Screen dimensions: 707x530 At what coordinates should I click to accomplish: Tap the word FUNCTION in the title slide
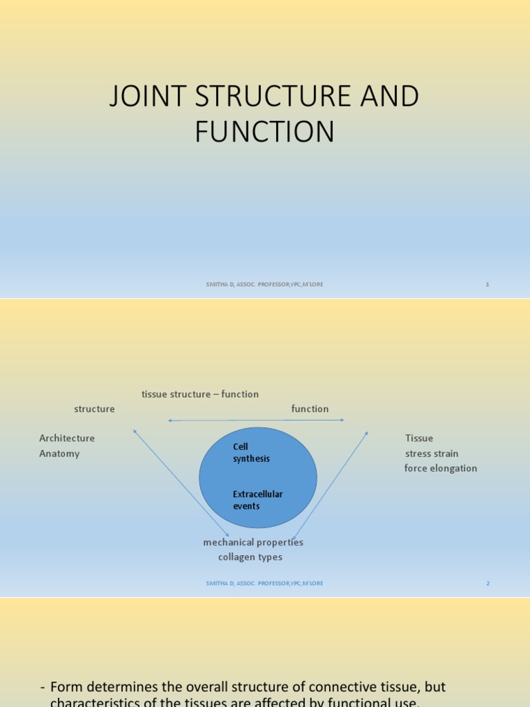[264, 131]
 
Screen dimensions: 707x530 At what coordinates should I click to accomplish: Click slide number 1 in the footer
[487, 284]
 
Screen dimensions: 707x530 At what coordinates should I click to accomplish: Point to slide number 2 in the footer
[487, 583]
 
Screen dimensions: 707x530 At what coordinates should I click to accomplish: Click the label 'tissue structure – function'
[200, 394]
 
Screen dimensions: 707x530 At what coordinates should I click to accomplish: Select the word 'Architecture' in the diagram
[67, 438]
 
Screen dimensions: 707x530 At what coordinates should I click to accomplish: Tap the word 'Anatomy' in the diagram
[59, 454]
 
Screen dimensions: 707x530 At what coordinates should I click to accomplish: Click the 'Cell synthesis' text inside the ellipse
[251, 453]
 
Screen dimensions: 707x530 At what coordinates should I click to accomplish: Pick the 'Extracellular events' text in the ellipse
[257, 500]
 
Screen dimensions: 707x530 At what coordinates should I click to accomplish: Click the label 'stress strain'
[431, 454]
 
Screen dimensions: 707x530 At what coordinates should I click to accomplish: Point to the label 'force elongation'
[440, 468]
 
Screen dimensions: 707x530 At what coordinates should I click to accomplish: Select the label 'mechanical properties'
[253, 542]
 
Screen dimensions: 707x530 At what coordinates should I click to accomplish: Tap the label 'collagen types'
[250, 557]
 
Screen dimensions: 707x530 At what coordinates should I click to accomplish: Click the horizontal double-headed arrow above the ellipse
[255, 420]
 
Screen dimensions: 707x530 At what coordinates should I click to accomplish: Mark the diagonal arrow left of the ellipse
[171, 483]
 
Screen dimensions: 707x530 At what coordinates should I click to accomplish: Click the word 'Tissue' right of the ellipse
[419, 438]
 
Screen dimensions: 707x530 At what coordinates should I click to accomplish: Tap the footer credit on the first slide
[264, 284]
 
